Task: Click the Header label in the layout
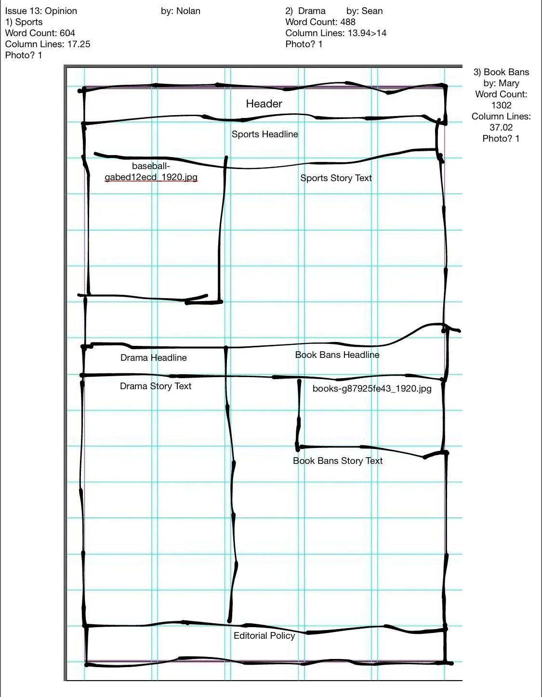point(264,104)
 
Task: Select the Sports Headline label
point(264,134)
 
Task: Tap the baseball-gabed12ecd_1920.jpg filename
point(151,171)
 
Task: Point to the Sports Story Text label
point(336,178)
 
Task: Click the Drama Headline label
point(153,357)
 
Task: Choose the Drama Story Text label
point(155,386)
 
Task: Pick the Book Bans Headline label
point(337,355)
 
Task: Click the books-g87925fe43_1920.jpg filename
point(371,388)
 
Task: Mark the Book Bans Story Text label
point(337,460)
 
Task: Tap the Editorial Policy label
point(264,635)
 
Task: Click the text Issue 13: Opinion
point(41,11)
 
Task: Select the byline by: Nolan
point(180,11)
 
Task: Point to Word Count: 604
point(40,33)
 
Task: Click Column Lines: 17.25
point(47,44)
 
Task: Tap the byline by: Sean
point(364,11)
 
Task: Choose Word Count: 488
point(320,22)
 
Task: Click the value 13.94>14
point(367,33)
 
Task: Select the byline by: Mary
point(501,83)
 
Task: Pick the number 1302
point(501,105)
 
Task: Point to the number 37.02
point(501,127)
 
